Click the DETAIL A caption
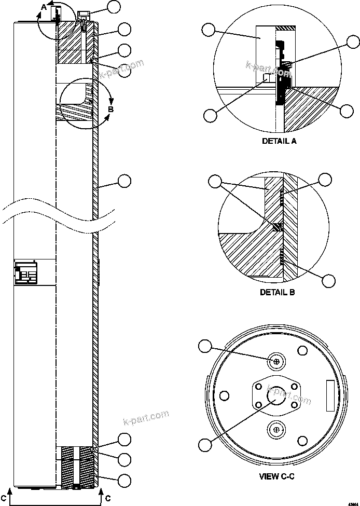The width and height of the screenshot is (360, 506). pyautogui.click(x=280, y=140)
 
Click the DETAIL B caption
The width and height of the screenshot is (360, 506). pyautogui.click(x=277, y=292)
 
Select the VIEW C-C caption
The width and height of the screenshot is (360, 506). pyautogui.click(x=277, y=476)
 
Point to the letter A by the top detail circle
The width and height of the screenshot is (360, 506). pyautogui.click(x=44, y=7)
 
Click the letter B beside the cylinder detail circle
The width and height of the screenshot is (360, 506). pyautogui.click(x=110, y=109)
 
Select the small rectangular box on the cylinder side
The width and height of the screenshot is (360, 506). pyautogui.click(x=26, y=273)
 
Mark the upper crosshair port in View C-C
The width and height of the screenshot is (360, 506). pyautogui.click(x=276, y=361)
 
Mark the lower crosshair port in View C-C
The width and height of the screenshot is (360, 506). pyautogui.click(x=276, y=429)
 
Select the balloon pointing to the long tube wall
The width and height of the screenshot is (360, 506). pyautogui.click(x=124, y=181)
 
